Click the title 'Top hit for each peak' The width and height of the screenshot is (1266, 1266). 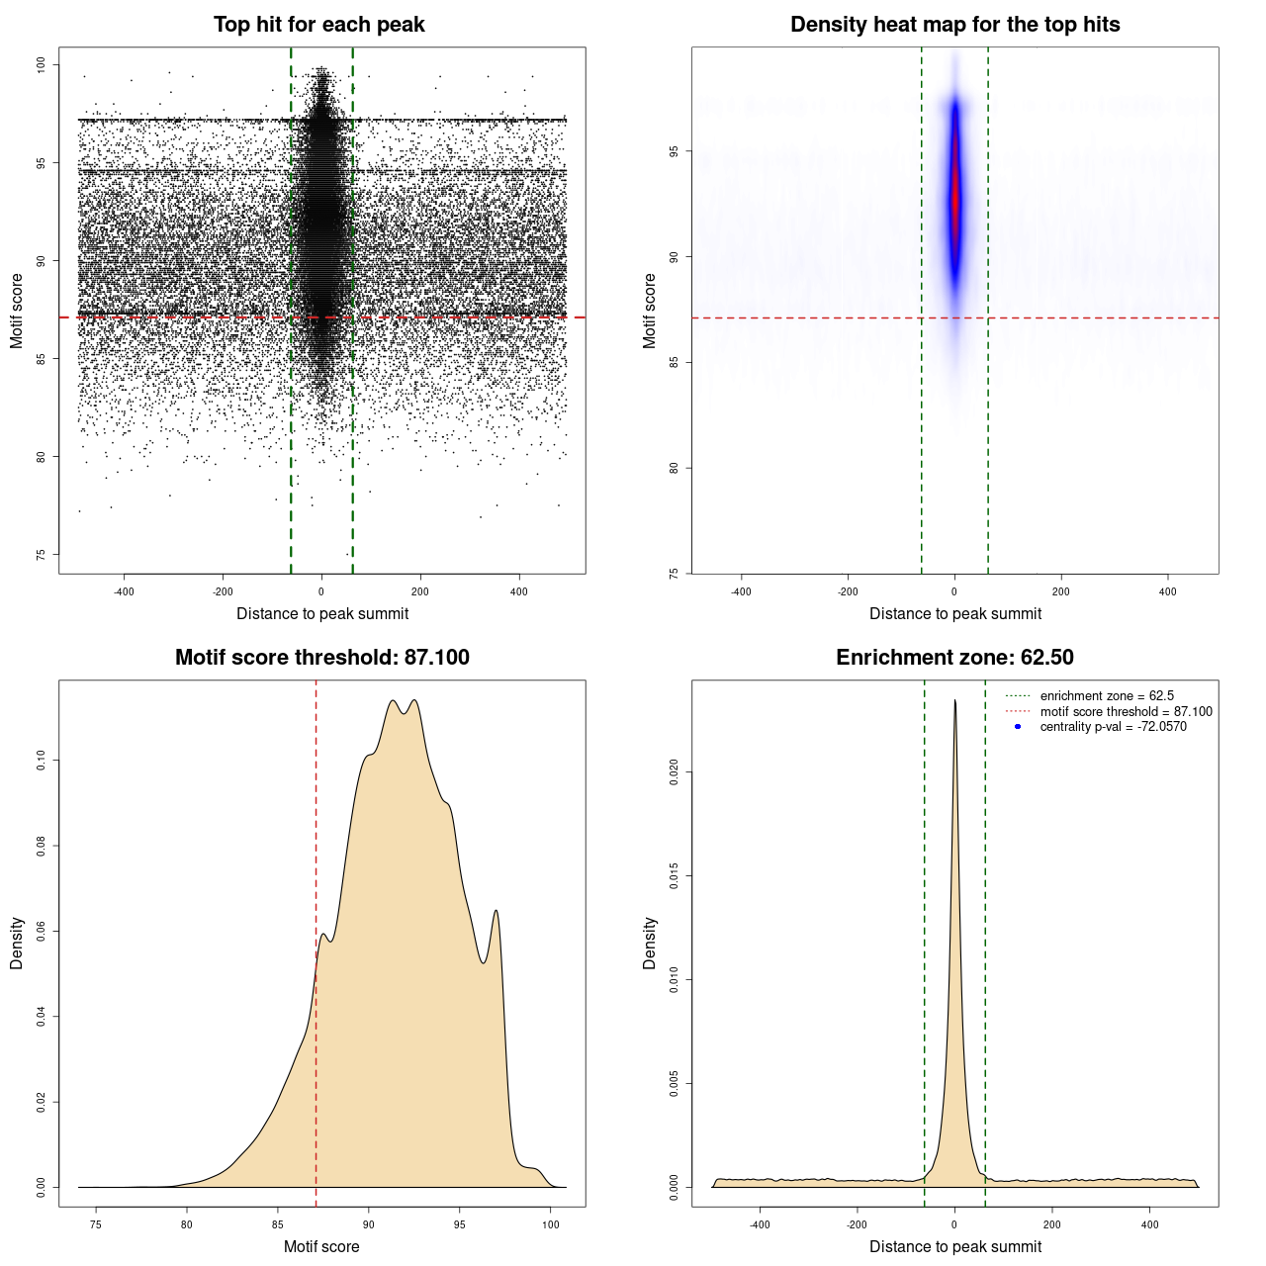pyautogui.click(x=318, y=25)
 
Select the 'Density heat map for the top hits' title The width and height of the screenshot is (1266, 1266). pyautogui.click(x=954, y=25)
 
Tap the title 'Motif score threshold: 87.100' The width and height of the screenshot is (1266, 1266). pyautogui.click(x=321, y=658)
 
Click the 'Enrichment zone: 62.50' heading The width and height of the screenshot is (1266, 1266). pyautogui.click(x=954, y=658)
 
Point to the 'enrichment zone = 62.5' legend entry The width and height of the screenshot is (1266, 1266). pyautogui.click(x=1107, y=696)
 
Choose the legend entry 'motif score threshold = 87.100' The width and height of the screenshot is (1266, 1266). pyautogui.click(x=1126, y=711)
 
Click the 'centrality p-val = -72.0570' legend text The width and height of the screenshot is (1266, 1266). pyautogui.click(x=1113, y=727)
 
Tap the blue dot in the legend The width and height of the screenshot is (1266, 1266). pyautogui.click(x=1018, y=727)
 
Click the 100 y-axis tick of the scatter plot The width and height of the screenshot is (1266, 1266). pyautogui.click(x=42, y=65)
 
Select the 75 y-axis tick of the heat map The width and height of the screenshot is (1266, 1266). pyautogui.click(x=675, y=573)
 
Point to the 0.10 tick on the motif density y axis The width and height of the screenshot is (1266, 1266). pyautogui.click(x=42, y=761)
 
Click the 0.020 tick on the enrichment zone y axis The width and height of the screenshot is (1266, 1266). pyautogui.click(x=675, y=771)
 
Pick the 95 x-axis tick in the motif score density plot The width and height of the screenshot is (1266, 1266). pyautogui.click(x=460, y=1224)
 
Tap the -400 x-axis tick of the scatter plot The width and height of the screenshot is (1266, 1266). pyautogui.click(x=124, y=591)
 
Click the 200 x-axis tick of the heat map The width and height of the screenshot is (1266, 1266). pyautogui.click(x=1061, y=591)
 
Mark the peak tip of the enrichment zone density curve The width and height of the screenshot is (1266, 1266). pyautogui.click(x=954, y=701)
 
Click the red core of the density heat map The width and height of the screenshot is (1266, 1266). pyautogui.click(x=955, y=198)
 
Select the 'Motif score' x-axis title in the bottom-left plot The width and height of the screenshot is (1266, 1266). pyautogui.click(x=321, y=1246)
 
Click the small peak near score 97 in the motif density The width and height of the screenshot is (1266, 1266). pyautogui.click(x=496, y=911)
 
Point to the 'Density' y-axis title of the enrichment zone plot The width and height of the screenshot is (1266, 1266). pyautogui.click(x=650, y=943)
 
